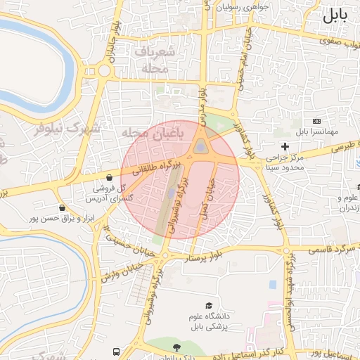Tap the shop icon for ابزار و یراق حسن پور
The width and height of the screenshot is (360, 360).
point(63,207)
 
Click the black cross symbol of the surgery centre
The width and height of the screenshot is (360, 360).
point(285,146)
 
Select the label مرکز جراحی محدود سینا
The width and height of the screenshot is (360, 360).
point(285,163)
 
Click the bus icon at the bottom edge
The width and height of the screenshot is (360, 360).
point(116,352)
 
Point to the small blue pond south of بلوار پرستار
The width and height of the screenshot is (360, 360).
point(272,284)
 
